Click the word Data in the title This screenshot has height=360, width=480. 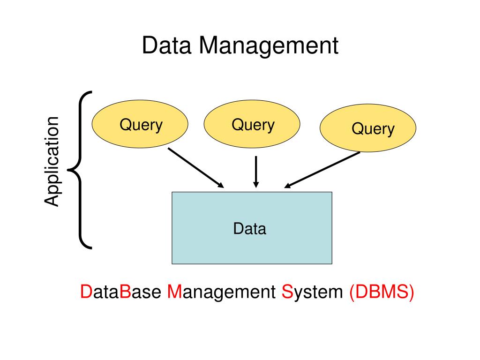pos(168,46)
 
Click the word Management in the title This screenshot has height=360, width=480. pos(268,46)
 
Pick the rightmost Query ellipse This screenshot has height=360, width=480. pos(368,128)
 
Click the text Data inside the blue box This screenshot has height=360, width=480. pos(250,229)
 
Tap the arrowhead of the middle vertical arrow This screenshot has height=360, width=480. pos(256,184)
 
